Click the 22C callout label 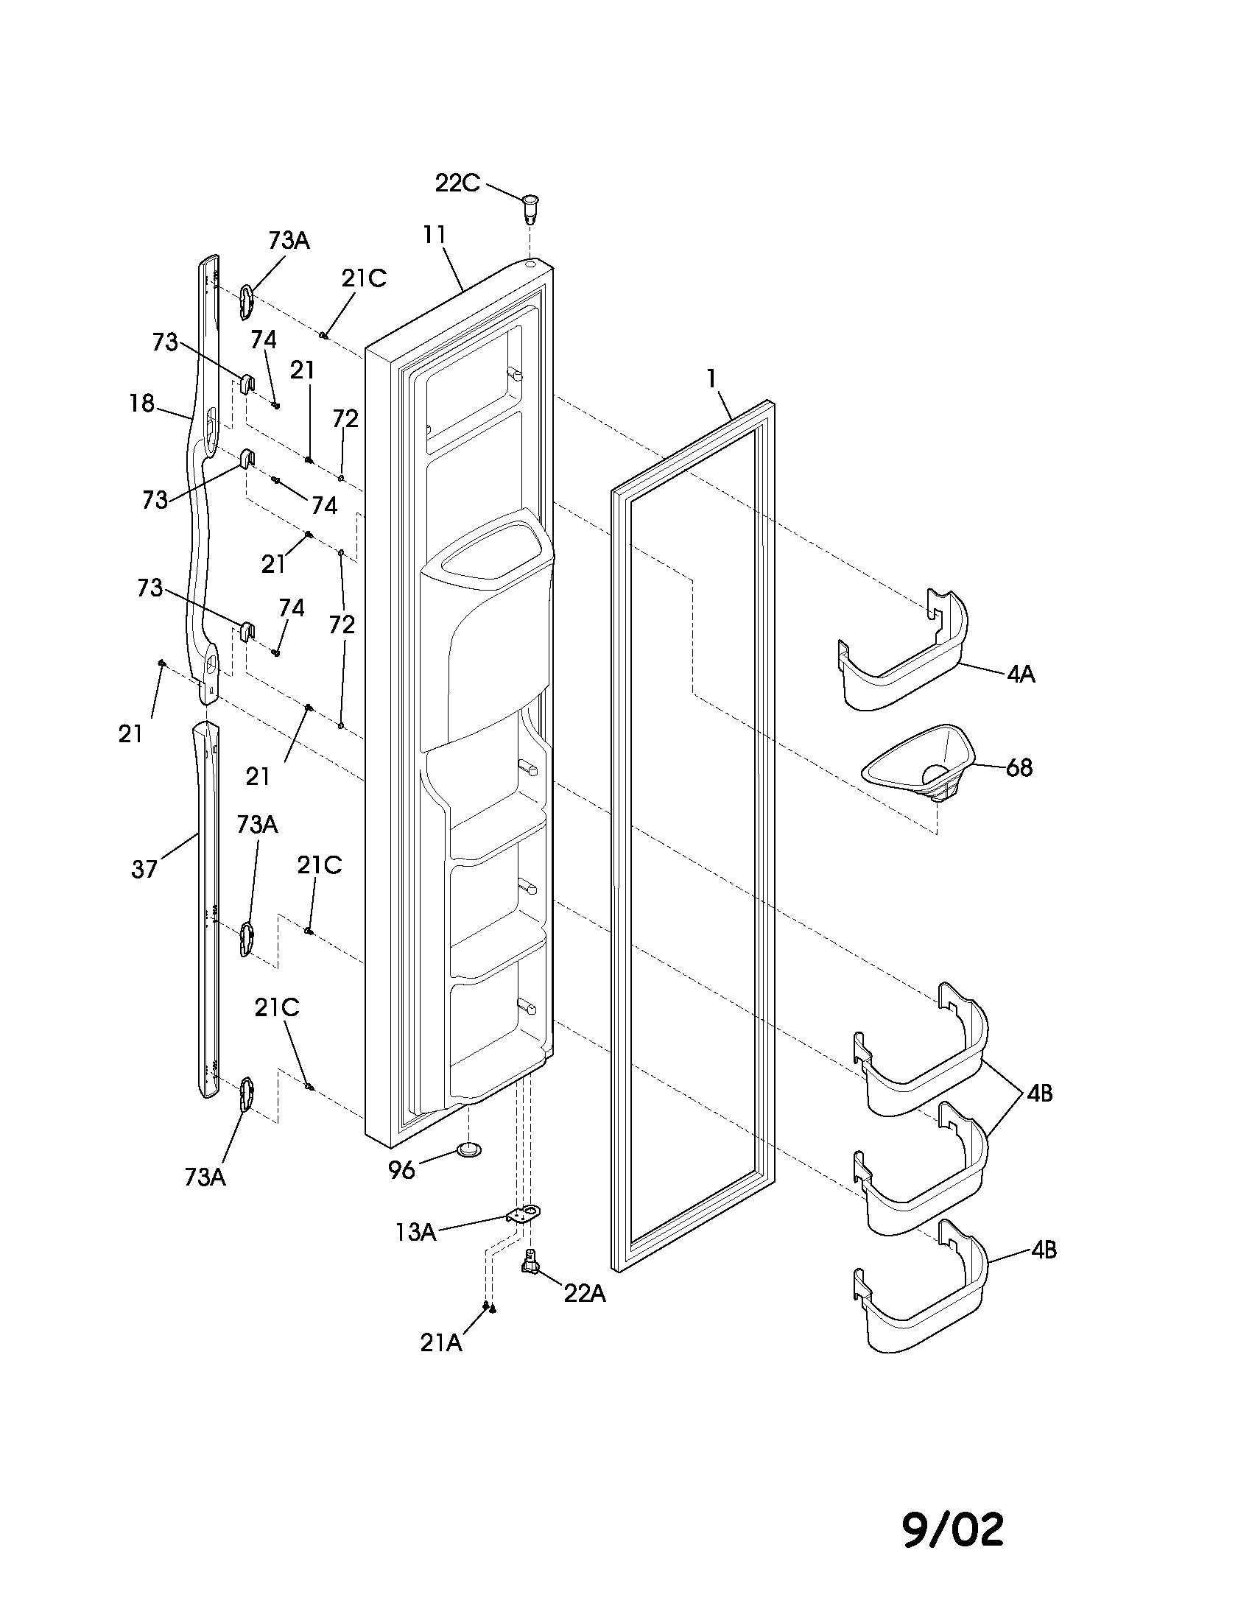457,183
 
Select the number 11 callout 435,234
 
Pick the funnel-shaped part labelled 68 920,764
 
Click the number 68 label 1019,768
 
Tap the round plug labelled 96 468,1149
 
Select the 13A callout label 415,1232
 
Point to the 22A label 585,1294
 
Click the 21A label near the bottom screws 441,1343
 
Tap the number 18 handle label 141,404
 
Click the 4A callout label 1021,675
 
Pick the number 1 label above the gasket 711,379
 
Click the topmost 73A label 289,240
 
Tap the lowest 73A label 205,1177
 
